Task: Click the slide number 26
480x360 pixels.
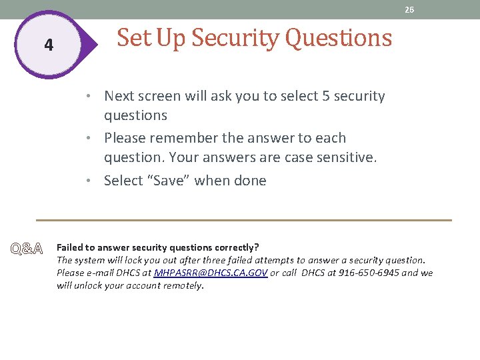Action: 409,9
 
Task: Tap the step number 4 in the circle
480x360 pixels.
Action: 48,45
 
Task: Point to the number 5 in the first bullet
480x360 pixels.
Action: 325,96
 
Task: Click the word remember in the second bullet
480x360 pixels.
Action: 183,138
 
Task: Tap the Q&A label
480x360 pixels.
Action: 26,249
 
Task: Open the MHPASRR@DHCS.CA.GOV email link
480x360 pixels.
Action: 211,273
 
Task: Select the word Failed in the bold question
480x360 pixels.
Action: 70,247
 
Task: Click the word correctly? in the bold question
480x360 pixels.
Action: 236,247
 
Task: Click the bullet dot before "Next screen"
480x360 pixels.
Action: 96,96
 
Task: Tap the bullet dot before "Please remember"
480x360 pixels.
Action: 96,138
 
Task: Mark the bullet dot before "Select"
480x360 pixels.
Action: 96,181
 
